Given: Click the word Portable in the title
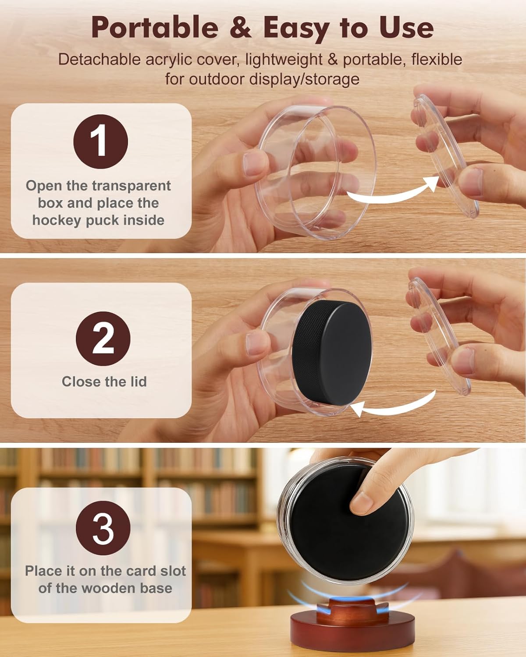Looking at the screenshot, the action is (x=155, y=27).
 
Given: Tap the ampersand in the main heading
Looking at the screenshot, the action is (x=241, y=27).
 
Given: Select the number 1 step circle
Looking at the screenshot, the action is (x=100, y=141).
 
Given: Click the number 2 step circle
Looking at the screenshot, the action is (x=103, y=339).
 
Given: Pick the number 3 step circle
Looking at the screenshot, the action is (x=103, y=528).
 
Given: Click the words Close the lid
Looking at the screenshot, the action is (x=104, y=381).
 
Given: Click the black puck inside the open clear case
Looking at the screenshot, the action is (x=332, y=353).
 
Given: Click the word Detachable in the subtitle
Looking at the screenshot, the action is (x=100, y=59).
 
